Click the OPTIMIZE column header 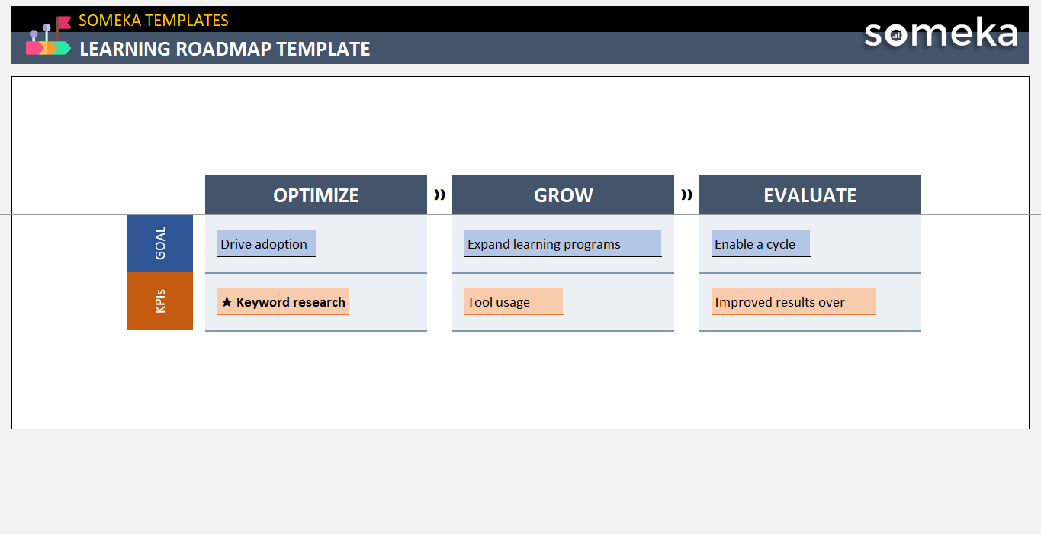[316, 195]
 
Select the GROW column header [563, 195]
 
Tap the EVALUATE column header [810, 195]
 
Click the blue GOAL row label [160, 244]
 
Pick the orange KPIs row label [160, 302]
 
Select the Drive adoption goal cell [266, 244]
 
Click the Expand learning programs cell [562, 244]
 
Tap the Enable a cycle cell [760, 244]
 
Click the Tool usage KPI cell [513, 302]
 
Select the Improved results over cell [793, 302]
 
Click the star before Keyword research [227, 302]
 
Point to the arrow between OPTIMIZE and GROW [440, 195]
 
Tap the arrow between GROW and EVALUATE [687, 195]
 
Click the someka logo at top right [940, 34]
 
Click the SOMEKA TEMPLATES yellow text [153, 21]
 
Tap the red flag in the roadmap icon [64, 22]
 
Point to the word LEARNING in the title [125, 49]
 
